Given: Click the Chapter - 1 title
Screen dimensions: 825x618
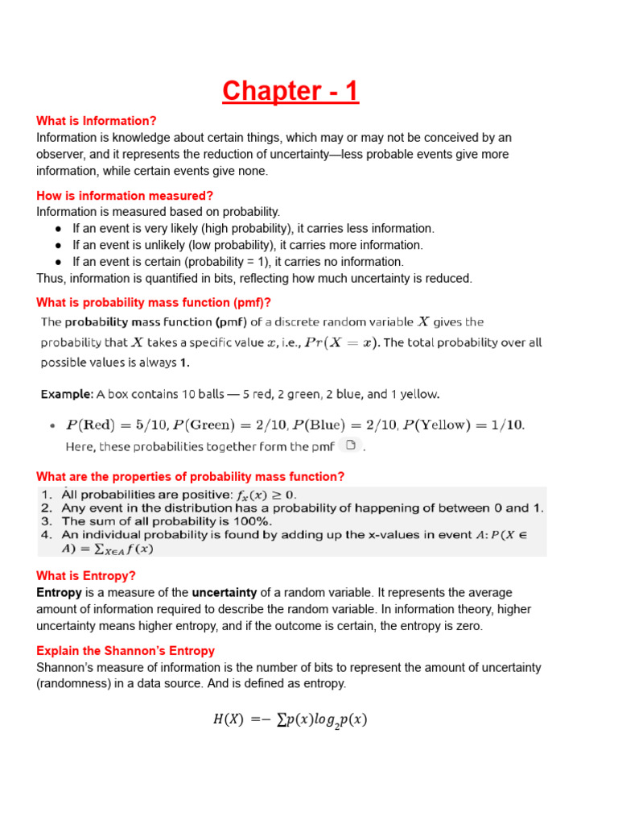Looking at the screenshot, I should coord(290,91).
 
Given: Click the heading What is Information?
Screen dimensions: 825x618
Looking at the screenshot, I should coord(97,121).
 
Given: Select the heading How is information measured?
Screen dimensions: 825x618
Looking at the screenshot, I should coord(125,196).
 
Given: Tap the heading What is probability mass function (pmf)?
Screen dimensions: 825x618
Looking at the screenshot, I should coord(154,303).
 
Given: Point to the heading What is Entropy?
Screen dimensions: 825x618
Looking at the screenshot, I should coord(86,576).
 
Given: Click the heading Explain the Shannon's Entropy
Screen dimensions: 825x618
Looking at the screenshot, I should coord(126,651).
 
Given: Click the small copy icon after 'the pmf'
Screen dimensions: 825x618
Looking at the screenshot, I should coord(349,445).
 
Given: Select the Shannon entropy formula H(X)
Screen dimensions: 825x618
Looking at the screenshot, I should coord(290,720).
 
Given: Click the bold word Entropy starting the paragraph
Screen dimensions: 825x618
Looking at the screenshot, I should coord(59,593).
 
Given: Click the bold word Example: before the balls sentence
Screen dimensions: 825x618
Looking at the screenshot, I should coord(67,395).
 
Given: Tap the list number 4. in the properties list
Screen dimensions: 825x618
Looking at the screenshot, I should coord(46,535).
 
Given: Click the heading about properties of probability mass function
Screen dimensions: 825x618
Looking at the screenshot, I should coord(190,477).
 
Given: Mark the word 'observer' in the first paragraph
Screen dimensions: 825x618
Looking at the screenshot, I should coord(61,155).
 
